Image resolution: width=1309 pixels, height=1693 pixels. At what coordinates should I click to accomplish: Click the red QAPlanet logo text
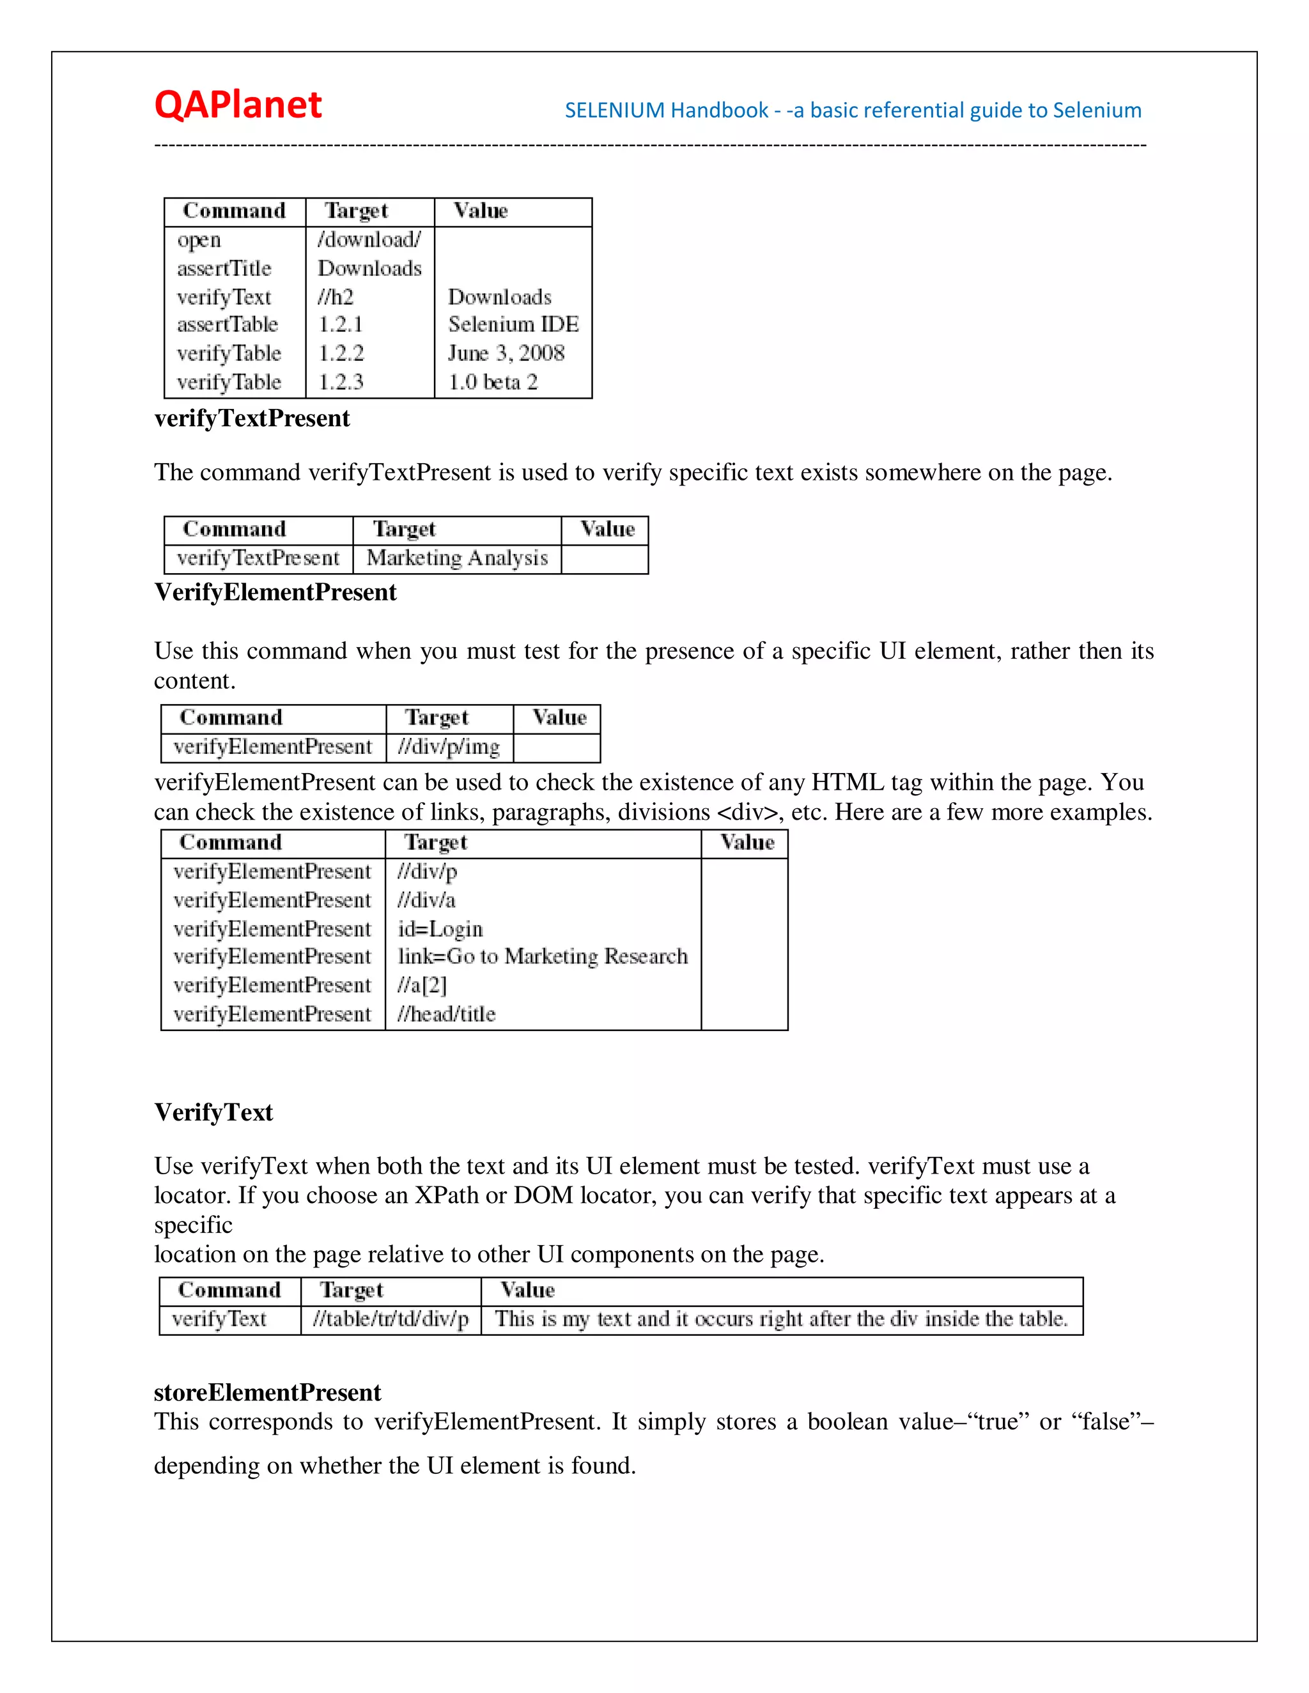click(x=237, y=105)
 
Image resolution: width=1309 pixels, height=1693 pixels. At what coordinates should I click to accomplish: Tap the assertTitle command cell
click(x=224, y=268)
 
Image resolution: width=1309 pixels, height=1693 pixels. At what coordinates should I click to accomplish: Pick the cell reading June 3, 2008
click(x=506, y=353)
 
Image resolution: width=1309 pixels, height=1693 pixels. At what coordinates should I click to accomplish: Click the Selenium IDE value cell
click(x=513, y=324)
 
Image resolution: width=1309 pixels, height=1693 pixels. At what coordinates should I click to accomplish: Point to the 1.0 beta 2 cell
click(x=492, y=381)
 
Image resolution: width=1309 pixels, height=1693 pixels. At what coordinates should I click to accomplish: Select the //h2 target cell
click(x=336, y=297)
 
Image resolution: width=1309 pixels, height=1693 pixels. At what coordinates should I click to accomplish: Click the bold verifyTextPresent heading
click(x=252, y=418)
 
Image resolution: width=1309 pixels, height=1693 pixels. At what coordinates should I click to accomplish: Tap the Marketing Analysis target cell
click(x=457, y=558)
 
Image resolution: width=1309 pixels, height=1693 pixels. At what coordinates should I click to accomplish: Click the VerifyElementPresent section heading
click(x=275, y=592)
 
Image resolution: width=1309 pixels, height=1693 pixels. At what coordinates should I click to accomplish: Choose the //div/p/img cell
click(x=448, y=746)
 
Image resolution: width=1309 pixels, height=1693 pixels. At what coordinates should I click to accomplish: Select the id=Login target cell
click(x=440, y=929)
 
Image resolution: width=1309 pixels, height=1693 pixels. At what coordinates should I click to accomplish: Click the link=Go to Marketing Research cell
click(x=542, y=956)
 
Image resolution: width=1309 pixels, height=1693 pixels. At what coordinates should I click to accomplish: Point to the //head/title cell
click(x=446, y=1014)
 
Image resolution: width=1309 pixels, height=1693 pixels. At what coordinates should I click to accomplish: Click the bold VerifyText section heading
click(x=213, y=1112)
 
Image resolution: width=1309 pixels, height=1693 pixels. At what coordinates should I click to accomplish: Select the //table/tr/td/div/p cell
click(x=391, y=1319)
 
